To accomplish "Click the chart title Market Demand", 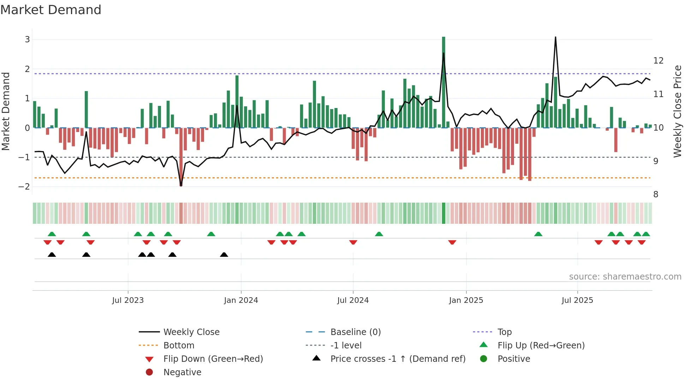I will coord(51,10).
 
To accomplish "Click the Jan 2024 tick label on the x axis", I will coord(241,300).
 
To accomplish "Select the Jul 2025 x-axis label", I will coord(577,300).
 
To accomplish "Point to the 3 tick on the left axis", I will coord(27,40).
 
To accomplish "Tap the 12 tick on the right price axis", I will coord(658,61).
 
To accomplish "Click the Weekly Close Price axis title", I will coord(677,111).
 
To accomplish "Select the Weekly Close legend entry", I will coord(191,332).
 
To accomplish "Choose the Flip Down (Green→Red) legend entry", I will coord(213,359).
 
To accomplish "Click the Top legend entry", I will coord(504,332).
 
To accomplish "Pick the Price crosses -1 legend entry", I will coord(398,359).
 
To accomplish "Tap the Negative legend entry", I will coord(182,372).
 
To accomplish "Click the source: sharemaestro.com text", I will coord(625,277).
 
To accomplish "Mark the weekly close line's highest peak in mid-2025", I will coord(555,37).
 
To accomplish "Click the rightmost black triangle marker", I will coord(224,255).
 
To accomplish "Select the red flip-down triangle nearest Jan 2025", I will coord(452,242).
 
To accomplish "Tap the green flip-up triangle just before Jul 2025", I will coord(538,234).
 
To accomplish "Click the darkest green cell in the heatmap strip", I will coord(443,213).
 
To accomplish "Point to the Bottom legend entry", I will coord(179,346).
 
